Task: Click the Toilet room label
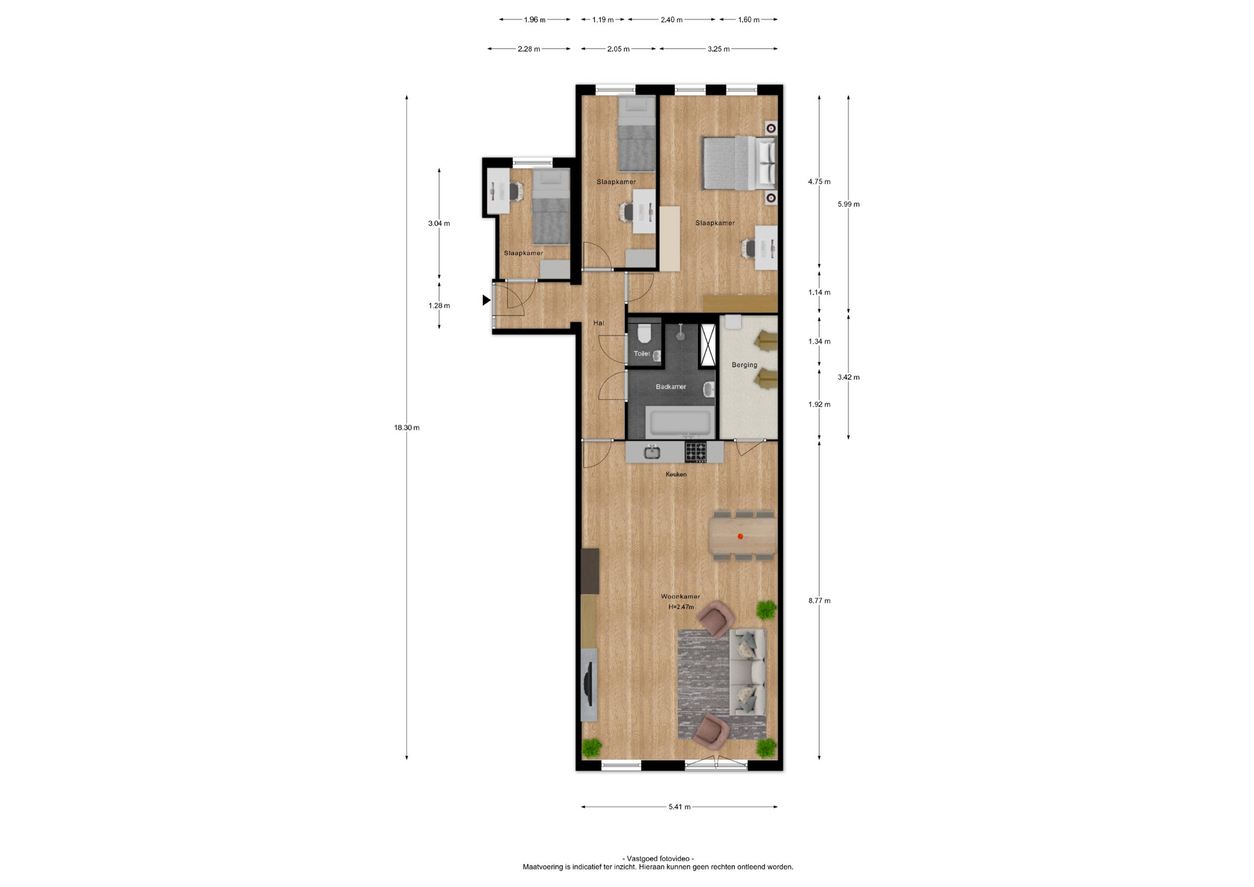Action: coord(641,354)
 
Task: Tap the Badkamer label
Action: coord(671,387)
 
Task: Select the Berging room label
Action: coord(744,365)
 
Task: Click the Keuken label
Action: coord(676,474)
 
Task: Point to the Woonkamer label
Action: coord(680,596)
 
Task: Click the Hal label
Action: coord(598,323)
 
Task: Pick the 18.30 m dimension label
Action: coord(406,428)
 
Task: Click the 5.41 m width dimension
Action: coord(679,807)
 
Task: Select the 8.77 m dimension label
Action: coord(819,601)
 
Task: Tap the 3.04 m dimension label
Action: coord(439,223)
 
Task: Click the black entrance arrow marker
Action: coord(486,300)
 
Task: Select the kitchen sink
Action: coord(652,451)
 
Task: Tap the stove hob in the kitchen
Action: coord(696,451)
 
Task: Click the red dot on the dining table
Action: coord(740,537)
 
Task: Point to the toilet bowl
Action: coord(644,335)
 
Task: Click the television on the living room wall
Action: coord(131,686)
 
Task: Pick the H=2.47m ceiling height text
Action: coord(681,607)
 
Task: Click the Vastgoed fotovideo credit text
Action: coord(658,858)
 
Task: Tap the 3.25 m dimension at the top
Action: coord(718,49)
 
